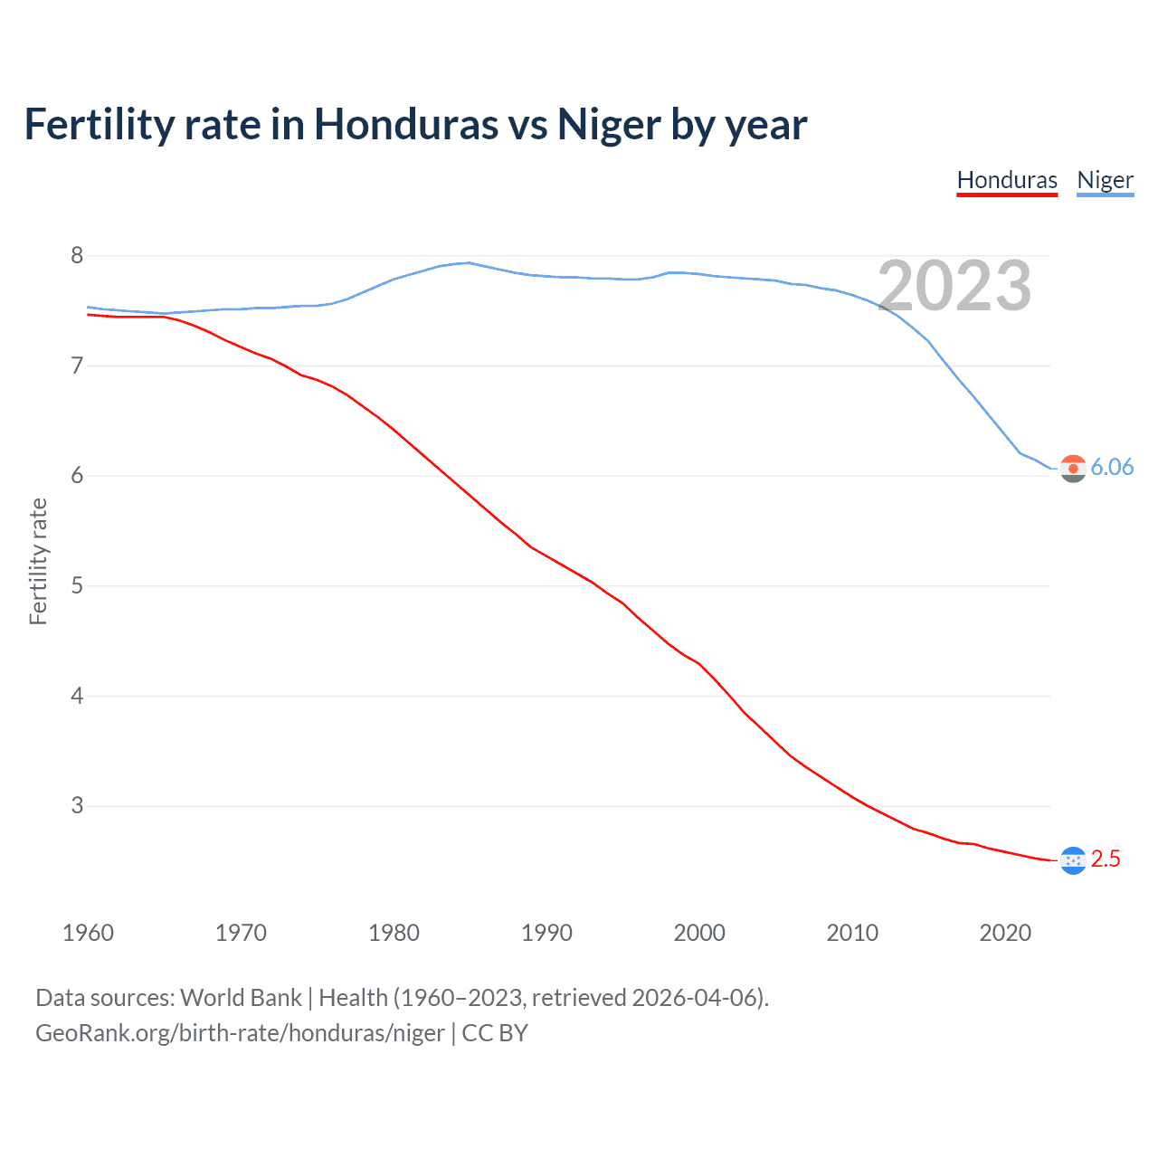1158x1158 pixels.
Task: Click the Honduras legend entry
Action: pos(1007,180)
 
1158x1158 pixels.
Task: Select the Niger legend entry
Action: pos(1105,180)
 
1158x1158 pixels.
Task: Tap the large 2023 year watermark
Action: pos(954,286)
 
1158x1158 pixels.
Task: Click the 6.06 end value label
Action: pos(1112,467)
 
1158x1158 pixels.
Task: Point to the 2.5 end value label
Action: pos(1106,859)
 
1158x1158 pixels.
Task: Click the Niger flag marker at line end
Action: pos(1073,469)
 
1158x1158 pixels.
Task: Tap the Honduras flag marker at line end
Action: pos(1073,860)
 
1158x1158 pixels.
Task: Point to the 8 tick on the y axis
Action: pos(77,256)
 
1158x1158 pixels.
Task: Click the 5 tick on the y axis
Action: pos(77,586)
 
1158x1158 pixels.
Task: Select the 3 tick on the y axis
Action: pos(77,806)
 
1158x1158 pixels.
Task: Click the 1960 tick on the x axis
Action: pos(88,933)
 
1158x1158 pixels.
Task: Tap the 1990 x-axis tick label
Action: pos(546,933)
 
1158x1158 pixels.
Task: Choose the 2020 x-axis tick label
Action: pos(1005,933)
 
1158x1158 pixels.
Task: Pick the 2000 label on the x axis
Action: pos(699,933)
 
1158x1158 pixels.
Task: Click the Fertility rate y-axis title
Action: pos(38,561)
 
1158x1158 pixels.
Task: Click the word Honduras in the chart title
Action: pos(405,124)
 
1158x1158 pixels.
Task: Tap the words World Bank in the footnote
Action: pos(241,998)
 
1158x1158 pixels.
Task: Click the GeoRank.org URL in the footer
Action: pos(240,1033)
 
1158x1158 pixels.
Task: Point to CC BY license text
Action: pos(495,1033)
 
